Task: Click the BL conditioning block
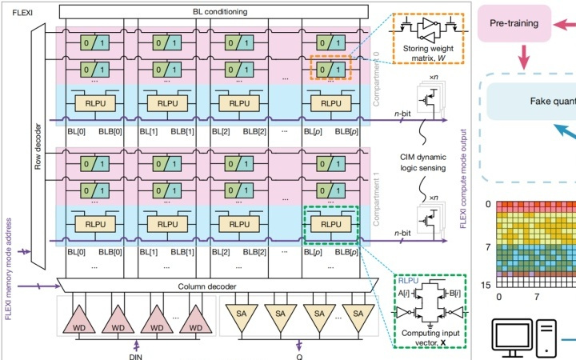[x=211, y=12]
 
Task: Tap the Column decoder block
[x=211, y=286]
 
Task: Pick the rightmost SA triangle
[x=354, y=315]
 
